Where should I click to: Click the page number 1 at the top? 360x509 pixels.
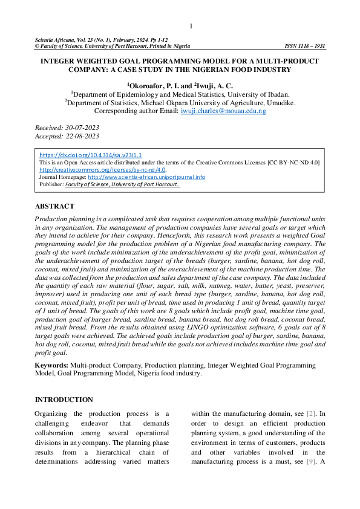(191, 26)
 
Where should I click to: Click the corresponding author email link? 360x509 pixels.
(223, 111)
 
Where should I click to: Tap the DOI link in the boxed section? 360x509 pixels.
(90, 155)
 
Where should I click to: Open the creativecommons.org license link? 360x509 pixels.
(102, 170)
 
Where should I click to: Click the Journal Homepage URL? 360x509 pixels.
(146, 177)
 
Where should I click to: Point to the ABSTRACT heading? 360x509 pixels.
(54, 206)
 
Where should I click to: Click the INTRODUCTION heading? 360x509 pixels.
(64, 400)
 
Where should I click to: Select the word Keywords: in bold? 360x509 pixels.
(51, 366)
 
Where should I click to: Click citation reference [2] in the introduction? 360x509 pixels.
(311, 413)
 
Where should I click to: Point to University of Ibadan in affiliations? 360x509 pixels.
(261, 94)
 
